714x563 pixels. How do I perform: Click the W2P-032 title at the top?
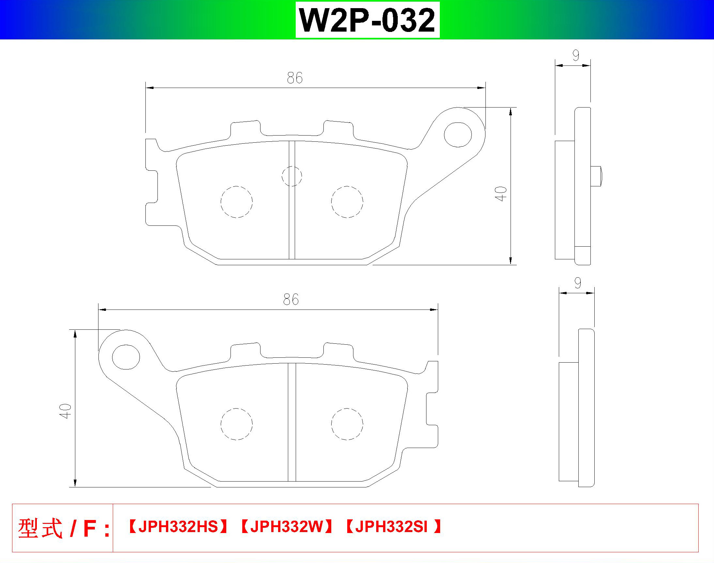pos(367,20)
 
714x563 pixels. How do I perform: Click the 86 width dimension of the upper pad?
pos(294,78)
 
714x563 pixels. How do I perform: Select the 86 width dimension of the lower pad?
pos(291,300)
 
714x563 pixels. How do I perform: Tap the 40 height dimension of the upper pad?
pos(501,194)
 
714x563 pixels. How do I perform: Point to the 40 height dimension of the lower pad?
pos(66,411)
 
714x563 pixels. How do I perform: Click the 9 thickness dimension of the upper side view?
pos(576,55)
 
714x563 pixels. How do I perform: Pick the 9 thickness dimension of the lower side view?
pos(577,283)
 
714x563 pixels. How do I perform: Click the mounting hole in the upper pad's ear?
pos(458,135)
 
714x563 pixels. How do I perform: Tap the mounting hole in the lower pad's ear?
pos(126,357)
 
